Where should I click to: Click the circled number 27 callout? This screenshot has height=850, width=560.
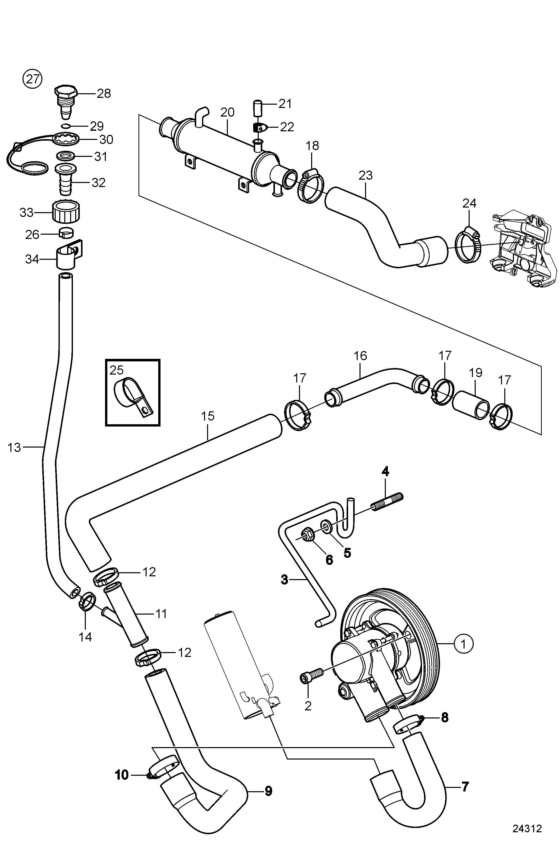(32, 78)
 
